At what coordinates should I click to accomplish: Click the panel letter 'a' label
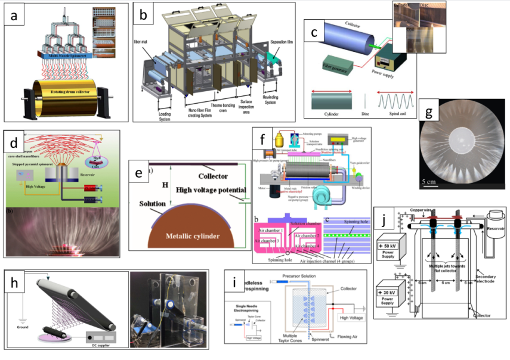click(x=14, y=16)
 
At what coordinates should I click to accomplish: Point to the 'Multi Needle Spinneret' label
click(x=67, y=54)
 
